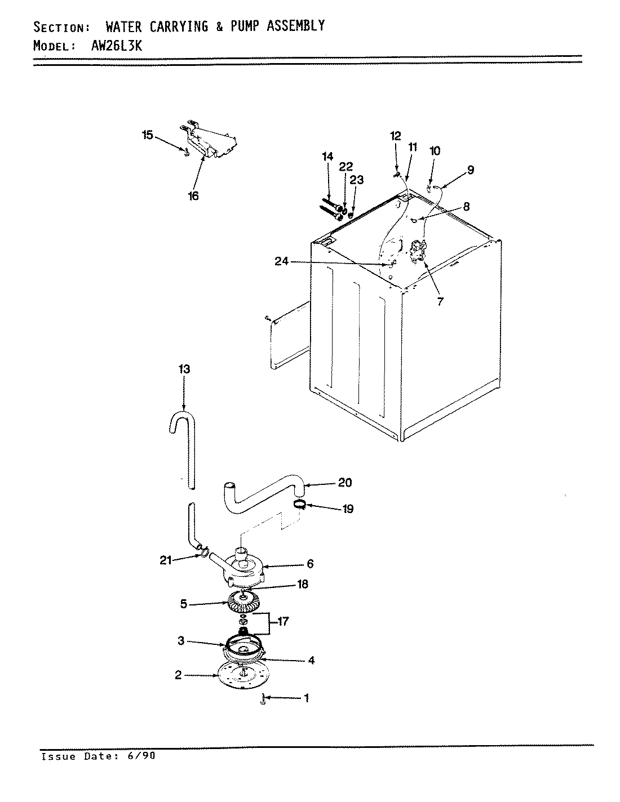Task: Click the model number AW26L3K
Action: tap(117, 46)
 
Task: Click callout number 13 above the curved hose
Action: tap(184, 369)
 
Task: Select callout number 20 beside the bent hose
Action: tap(344, 483)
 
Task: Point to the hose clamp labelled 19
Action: tap(300, 505)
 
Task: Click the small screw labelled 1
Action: tap(263, 700)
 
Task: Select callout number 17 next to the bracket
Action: tap(283, 622)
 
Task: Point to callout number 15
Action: tap(147, 135)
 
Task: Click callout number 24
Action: tap(282, 261)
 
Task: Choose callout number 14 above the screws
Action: tap(328, 157)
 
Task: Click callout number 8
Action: tap(467, 206)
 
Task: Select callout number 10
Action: tap(435, 151)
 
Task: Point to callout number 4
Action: tap(311, 661)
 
